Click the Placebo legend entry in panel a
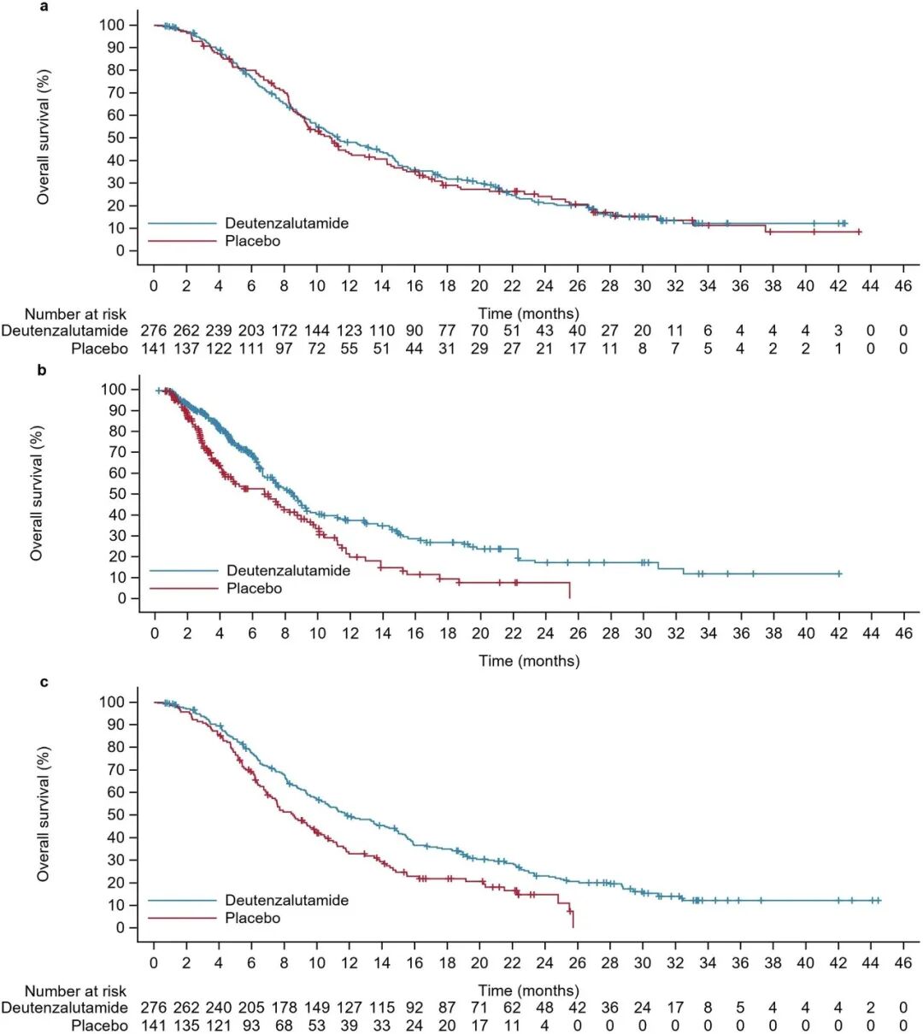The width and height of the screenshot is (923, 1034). click(252, 241)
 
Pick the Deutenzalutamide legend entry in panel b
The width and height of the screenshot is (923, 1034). click(288, 570)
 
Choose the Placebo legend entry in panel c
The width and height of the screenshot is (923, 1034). click(252, 918)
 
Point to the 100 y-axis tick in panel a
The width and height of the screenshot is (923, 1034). click(112, 25)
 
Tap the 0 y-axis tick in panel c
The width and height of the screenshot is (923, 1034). click(121, 928)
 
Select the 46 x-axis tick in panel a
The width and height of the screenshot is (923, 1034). click(903, 285)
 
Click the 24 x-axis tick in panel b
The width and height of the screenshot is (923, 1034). click(545, 633)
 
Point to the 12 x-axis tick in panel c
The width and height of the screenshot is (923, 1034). click(350, 962)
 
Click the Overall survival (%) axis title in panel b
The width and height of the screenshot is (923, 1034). click(37, 494)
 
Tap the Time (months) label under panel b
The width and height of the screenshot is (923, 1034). click(529, 661)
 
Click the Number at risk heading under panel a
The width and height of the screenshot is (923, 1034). click(75, 314)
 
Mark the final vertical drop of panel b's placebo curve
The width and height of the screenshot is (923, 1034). click(569, 590)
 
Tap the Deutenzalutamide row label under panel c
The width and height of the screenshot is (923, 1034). click(64, 1008)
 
